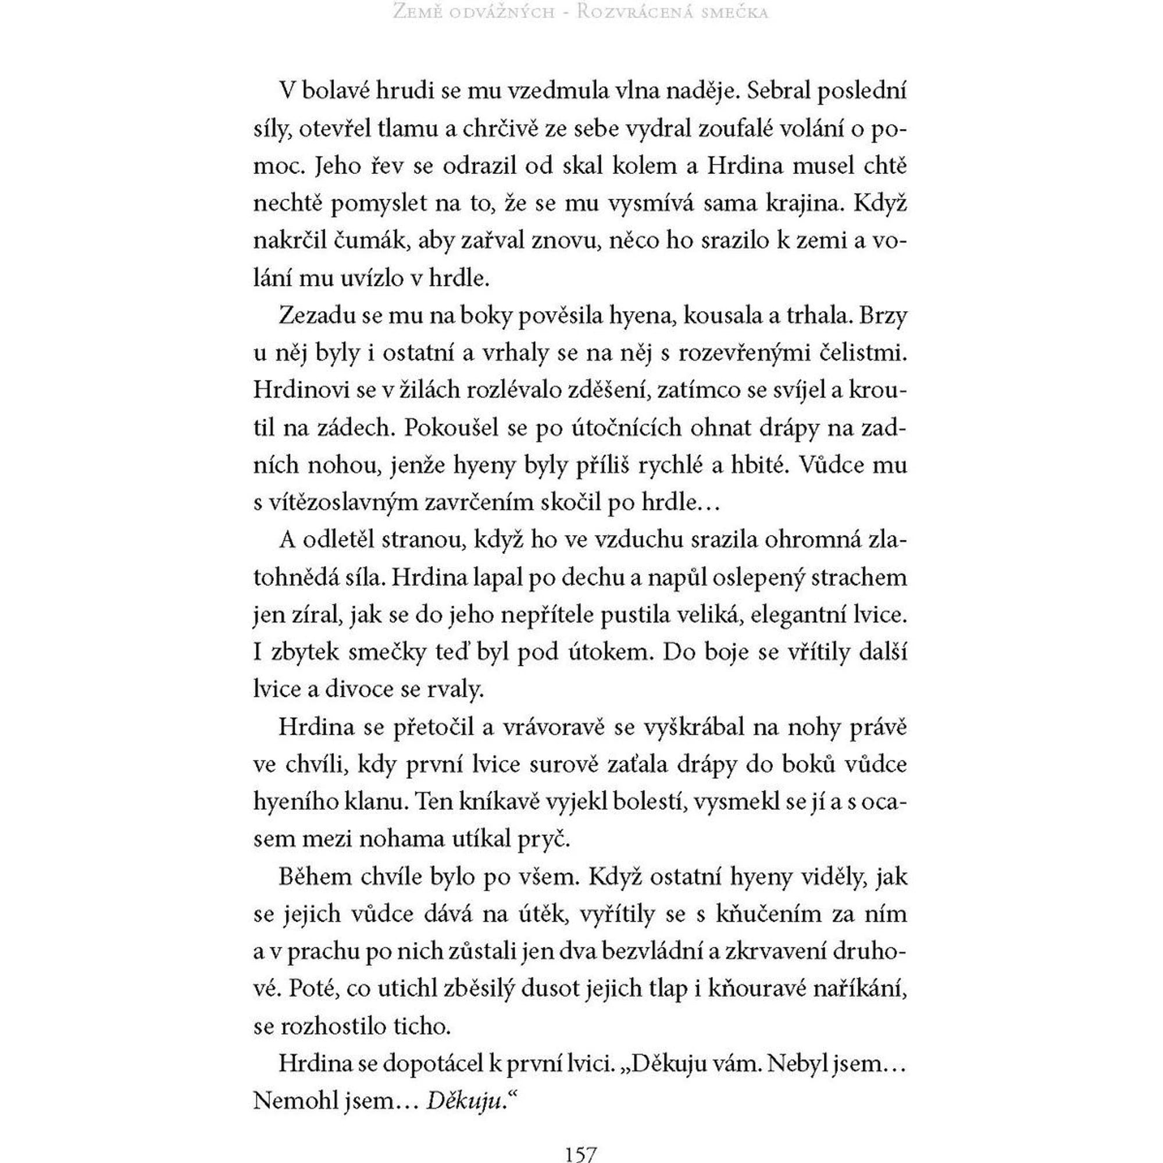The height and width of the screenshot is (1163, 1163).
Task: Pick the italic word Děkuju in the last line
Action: [463, 1101]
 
